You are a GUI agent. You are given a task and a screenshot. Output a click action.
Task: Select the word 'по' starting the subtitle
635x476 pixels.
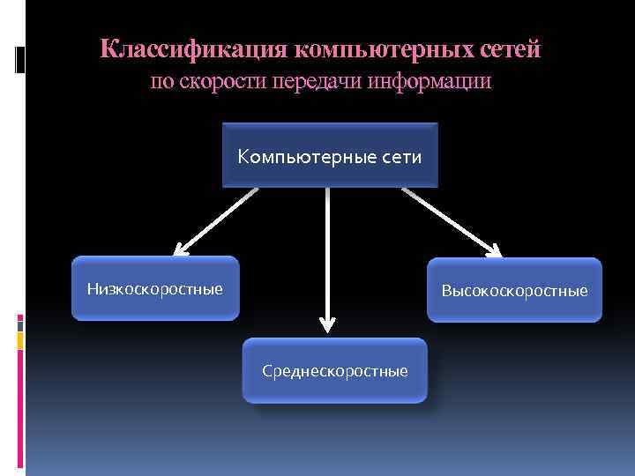point(159,82)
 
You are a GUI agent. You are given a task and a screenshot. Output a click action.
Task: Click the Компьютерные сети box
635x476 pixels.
point(330,155)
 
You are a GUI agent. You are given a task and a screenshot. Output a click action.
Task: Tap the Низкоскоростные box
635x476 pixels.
point(155,288)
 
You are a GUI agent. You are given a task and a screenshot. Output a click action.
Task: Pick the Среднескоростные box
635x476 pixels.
point(334,370)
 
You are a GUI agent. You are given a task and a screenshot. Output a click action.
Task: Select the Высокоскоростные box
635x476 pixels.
point(514,290)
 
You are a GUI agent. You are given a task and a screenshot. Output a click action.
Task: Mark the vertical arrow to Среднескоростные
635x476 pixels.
point(327,256)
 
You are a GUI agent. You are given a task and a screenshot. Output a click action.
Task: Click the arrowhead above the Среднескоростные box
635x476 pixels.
point(327,324)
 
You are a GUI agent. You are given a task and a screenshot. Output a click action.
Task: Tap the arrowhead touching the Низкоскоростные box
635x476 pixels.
point(180,249)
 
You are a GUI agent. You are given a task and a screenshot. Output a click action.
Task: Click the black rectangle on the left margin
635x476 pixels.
point(21,59)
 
